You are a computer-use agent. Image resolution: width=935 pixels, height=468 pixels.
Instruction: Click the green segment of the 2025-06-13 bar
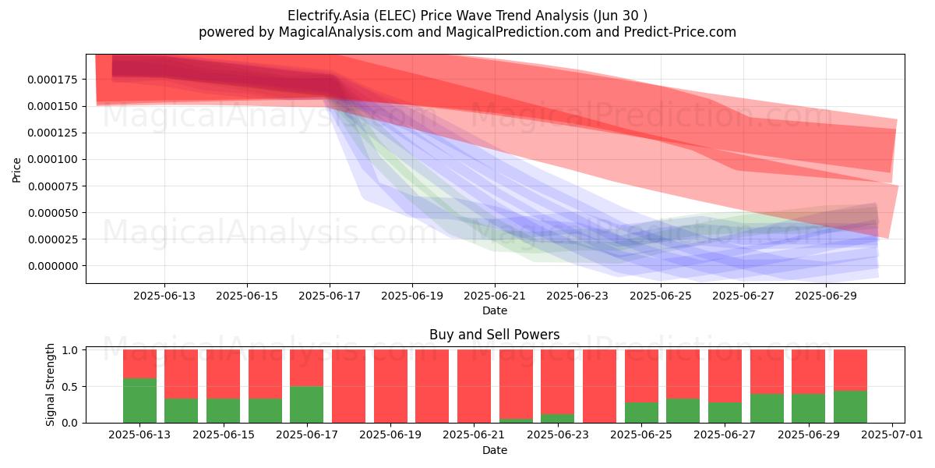pyautogui.click(x=139, y=400)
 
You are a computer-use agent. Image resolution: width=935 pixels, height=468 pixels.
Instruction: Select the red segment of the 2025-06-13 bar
pyautogui.click(x=139, y=364)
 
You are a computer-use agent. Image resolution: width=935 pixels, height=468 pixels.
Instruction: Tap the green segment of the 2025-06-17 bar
pyautogui.click(x=307, y=405)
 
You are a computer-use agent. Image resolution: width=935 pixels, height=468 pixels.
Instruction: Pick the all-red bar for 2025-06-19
pyautogui.click(x=390, y=386)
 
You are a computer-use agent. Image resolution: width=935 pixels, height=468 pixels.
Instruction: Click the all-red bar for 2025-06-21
pyautogui.click(x=475, y=386)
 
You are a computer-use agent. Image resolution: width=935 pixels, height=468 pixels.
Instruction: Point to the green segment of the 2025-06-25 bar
pyautogui.click(x=641, y=413)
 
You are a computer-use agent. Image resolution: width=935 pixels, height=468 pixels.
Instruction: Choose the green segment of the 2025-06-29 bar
pyautogui.click(x=809, y=408)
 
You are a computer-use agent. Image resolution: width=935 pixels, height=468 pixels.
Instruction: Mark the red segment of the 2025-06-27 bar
pyautogui.click(x=725, y=376)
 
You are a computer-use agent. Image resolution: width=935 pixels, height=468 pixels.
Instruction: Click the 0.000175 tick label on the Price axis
pyautogui.click(x=53, y=80)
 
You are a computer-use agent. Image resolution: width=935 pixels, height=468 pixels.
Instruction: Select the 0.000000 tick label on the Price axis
pyautogui.click(x=53, y=266)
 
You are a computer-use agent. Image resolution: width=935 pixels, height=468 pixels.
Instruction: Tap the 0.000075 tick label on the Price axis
pyautogui.click(x=53, y=186)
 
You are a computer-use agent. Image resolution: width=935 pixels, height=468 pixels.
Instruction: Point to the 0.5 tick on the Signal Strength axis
pyautogui.click(x=69, y=387)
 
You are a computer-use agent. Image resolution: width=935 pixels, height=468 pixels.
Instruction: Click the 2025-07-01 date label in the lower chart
pyautogui.click(x=892, y=434)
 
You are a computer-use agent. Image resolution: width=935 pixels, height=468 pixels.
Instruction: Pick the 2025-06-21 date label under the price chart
pyautogui.click(x=495, y=296)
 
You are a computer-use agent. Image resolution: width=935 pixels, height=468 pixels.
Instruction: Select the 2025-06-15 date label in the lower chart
pyautogui.click(x=224, y=434)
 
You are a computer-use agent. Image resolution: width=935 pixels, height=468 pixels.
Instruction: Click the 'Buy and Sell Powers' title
pyautogui.click(x=495, y=335)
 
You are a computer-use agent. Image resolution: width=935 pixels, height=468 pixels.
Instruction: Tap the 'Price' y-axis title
pyautogui.click(x=16, y=170)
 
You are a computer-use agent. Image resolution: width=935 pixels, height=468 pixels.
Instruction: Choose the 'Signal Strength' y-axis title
pyautogui.click(x=50, y=385)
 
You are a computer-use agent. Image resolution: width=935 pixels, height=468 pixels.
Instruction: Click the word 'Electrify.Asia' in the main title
pyautogui.click(x=328, y=16)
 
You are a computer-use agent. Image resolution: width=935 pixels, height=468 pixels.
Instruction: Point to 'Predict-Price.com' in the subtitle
pyautogui.click(x=680, y=32)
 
